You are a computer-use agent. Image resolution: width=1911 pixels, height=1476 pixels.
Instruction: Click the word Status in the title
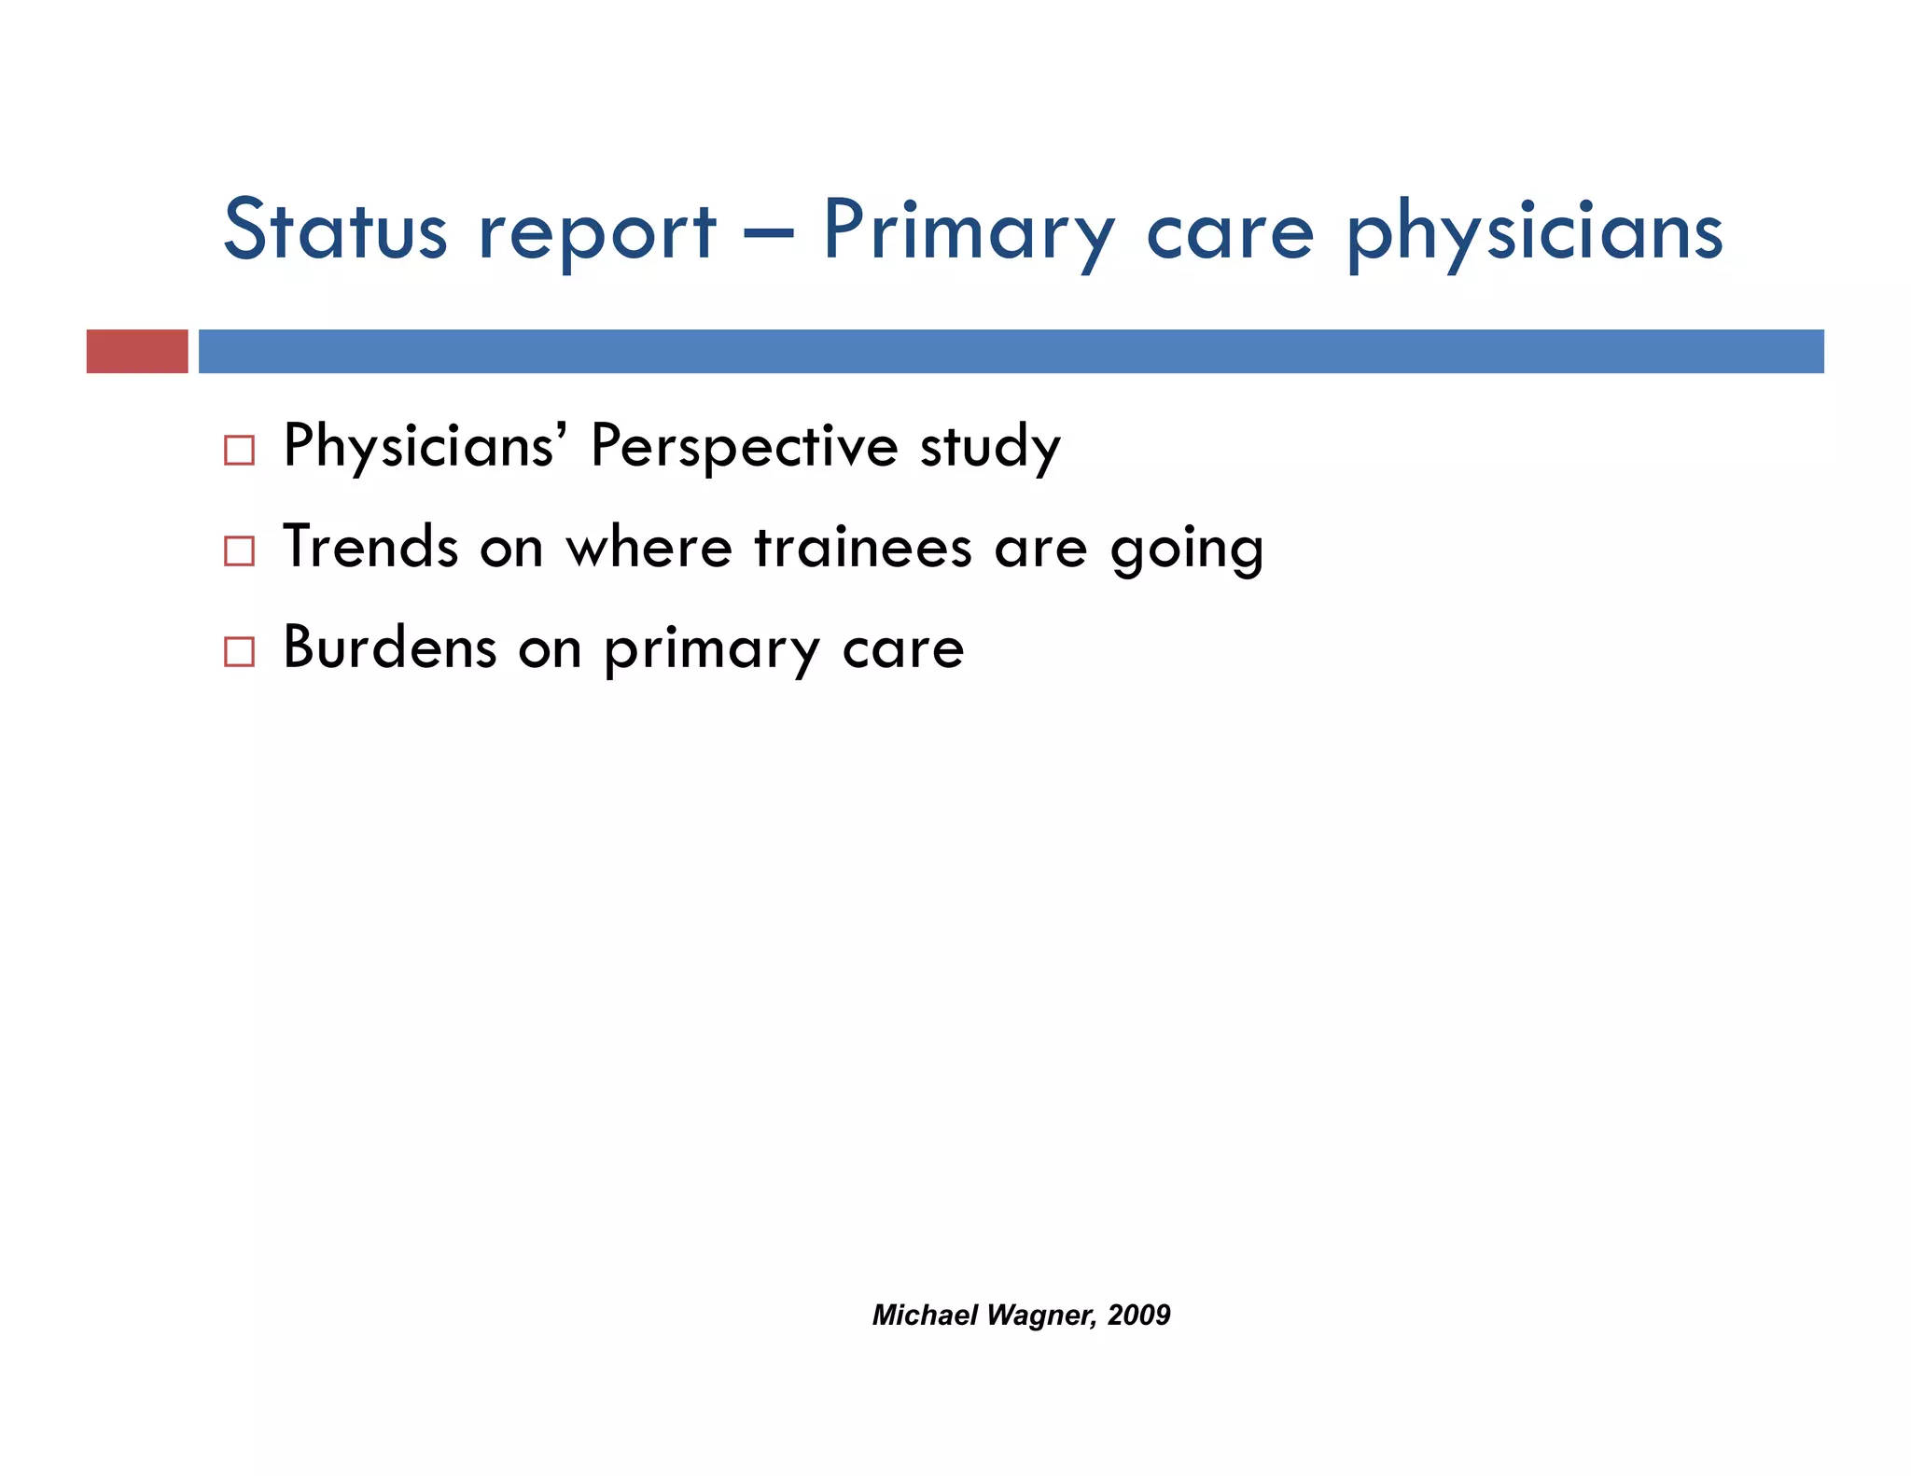pyautogui.click(x=335, y=230)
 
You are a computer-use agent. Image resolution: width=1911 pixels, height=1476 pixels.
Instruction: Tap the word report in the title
pyautogui.click(x=597, y=233)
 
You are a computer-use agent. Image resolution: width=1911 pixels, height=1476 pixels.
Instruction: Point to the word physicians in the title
pyautogui.click(x=1534, y=233)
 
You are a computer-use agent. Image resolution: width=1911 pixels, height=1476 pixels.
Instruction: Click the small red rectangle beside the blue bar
pyautogui.click(x=137, y=352)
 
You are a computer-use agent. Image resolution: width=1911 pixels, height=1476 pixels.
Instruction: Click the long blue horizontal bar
pyautogui.click(x=1011, y=352)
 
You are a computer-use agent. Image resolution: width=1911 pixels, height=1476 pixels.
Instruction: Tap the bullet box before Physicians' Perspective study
pyautogui.click(x=239, y=451)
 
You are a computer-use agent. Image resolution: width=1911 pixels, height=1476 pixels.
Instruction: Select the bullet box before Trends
pyautogui.click(x=239, y=551)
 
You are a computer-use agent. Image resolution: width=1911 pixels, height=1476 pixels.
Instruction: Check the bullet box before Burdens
pyautogui.click(x=239, y=651)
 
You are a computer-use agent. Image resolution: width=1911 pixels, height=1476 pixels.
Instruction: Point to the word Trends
pyautogui.click(x=370, y=547)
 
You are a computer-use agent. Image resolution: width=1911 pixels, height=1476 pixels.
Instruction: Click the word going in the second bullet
pyautogui.click(x=1186, y=550)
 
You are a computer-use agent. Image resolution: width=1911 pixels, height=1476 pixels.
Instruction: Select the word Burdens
pyautogui.click(x=389, y=647)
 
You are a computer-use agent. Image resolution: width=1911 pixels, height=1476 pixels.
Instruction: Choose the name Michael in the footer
pyautogui.click(x=925, y=1315)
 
